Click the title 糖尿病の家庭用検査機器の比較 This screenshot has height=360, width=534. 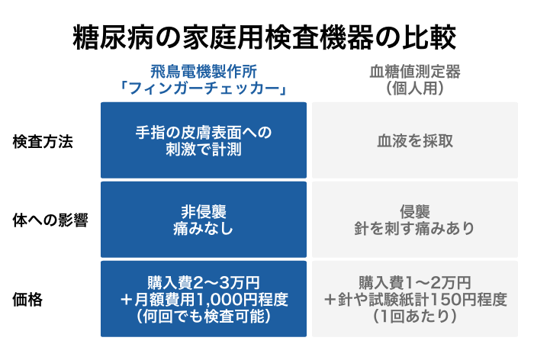(264, 37)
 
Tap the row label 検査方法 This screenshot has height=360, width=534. (43, 142)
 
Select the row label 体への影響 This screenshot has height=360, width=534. (50, 220)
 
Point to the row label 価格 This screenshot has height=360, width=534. (27, 300)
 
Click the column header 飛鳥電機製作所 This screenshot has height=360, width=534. (204, 72)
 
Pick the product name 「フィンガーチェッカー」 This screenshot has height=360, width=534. (204, 88)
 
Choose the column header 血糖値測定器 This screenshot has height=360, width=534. (415, 72)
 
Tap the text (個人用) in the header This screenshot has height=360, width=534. (415, 88)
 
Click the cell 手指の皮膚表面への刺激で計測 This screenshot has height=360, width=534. (204, 140)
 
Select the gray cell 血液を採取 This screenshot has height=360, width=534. (415, 141)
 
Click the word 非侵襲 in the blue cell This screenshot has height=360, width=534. (204, 212)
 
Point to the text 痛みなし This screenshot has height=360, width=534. (204, 228)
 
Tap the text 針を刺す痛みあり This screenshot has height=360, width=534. (414, 228)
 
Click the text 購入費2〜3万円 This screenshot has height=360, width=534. (204, 283)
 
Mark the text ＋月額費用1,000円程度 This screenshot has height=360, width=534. (204, 300)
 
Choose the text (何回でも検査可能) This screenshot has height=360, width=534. (204, 316)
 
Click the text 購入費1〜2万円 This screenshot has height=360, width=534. (415, 283)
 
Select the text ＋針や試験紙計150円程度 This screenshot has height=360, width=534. (415, 300)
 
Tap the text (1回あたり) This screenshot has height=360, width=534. (415, 316)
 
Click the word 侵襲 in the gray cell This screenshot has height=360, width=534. (415, 212)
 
